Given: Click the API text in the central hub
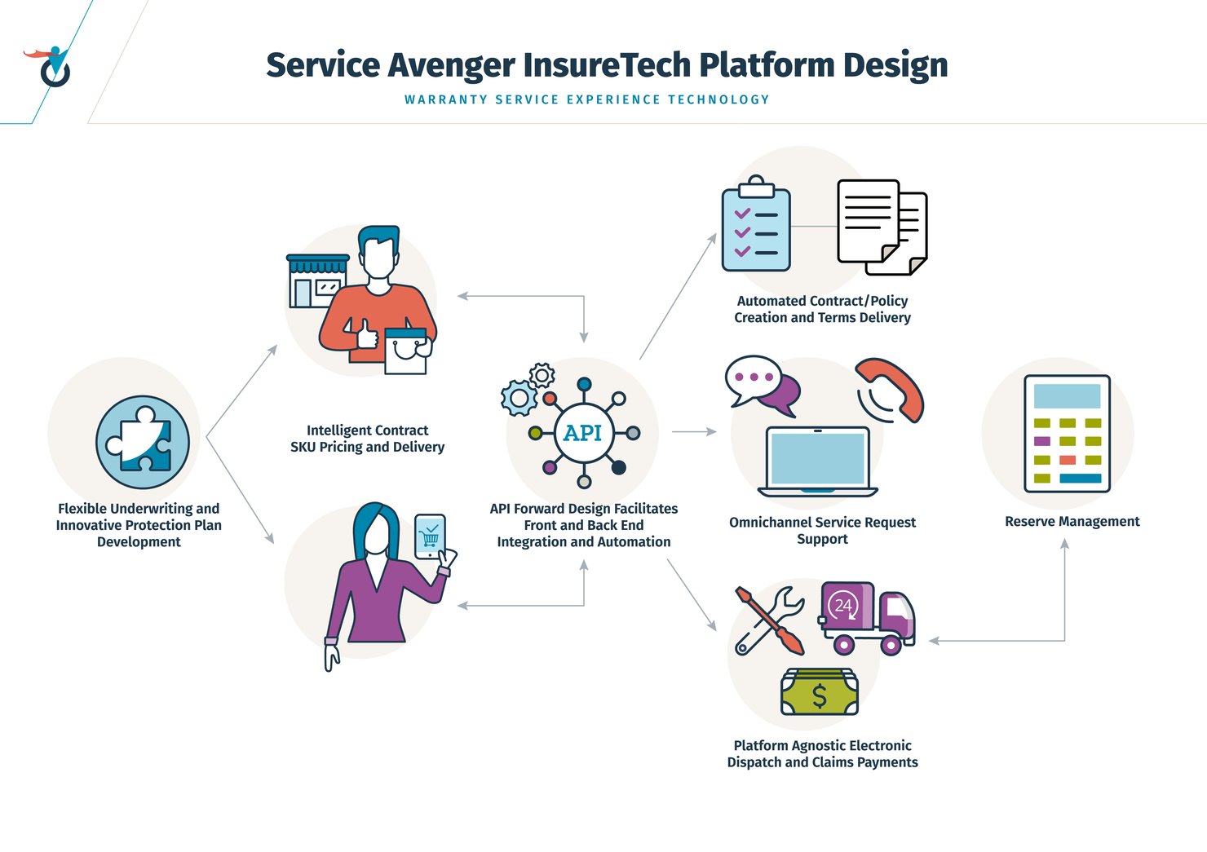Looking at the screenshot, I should (x=583, y=433).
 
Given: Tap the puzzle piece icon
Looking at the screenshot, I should (x=143, y=442).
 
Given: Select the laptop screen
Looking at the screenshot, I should (x=817, y=458).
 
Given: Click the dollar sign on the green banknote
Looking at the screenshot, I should (x=820, y=695).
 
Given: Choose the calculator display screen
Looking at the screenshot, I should (x=1067, y=396).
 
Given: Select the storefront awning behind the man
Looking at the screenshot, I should (x=318, y=264).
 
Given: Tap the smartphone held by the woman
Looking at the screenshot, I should (x=430, y=536).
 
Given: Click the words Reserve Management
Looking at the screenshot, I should (x=1072, y=522).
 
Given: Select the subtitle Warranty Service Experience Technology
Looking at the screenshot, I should (x=586, y=99).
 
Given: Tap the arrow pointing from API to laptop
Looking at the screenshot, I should (x=693, y=431).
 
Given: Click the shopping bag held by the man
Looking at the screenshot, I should (x=405, y=351).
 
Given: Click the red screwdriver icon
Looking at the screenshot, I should (x=772, y=620).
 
